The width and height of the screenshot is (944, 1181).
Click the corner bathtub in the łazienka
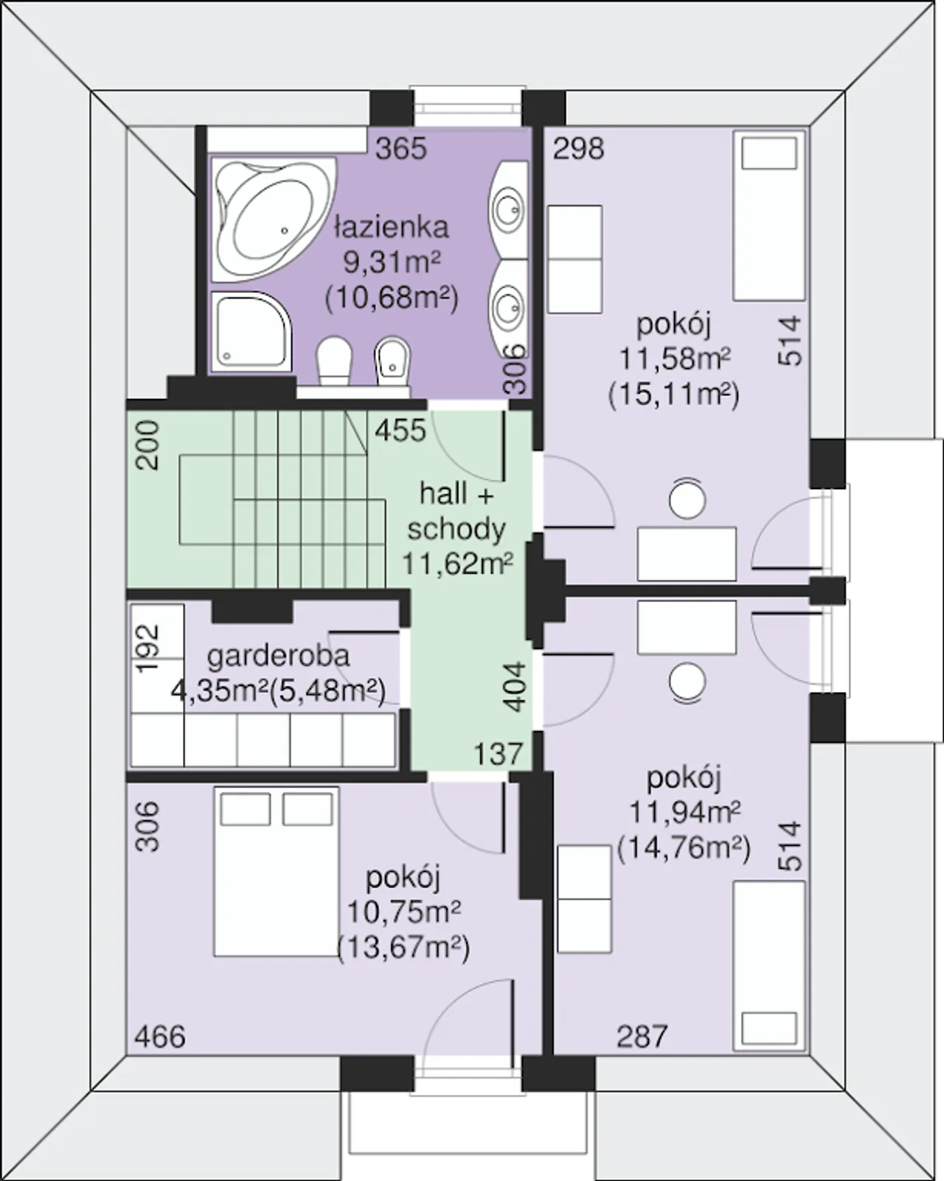[x=274, y=220]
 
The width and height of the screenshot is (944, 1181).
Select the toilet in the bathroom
[x=333, y=362]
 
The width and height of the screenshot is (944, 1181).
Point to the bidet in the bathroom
[x=392, y=362]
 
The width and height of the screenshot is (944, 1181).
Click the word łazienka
[x=392, y=227]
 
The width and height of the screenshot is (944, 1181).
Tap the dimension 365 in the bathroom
[x=401, y=148]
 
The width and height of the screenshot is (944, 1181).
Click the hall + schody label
[x=457, y=511]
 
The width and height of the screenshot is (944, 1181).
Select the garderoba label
[x=278, y=657]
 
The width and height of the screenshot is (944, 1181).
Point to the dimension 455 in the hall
[x=400, y=431]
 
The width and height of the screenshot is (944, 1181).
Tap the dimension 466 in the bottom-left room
[x=160, y=1037]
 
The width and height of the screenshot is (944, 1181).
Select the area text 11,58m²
[x=675, y=359]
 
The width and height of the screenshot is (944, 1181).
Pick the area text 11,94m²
[x=684, y=812]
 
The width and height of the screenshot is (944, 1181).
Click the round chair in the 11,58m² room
[x=687, y=499]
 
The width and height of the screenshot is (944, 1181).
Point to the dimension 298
[x=578, y=148]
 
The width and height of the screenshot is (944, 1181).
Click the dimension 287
[x=642, y=1037]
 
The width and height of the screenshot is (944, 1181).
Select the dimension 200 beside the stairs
[x=147, y=445]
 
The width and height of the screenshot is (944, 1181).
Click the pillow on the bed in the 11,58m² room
[x=769, y=153]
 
